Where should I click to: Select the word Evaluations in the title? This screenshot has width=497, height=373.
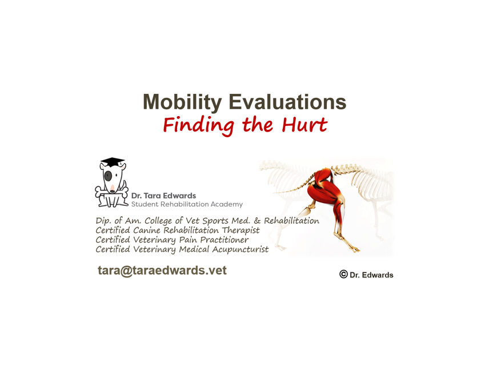point(287,102)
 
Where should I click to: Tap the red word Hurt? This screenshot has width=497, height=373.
point(304,124)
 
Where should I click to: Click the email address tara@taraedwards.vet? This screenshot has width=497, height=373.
point(162,270)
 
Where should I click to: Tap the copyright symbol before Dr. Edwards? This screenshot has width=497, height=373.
point(343,274)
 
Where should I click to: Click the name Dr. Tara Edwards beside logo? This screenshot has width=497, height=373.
point(163,196)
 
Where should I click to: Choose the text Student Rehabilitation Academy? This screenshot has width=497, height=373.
point(187,204)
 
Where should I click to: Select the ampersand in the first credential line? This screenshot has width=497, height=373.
point(257,220)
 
